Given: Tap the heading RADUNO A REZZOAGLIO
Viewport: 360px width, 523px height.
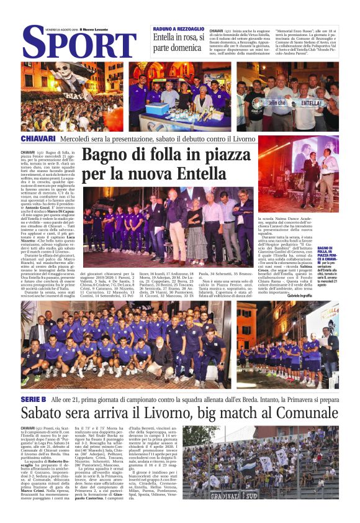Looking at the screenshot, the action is [x=178, y=30].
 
